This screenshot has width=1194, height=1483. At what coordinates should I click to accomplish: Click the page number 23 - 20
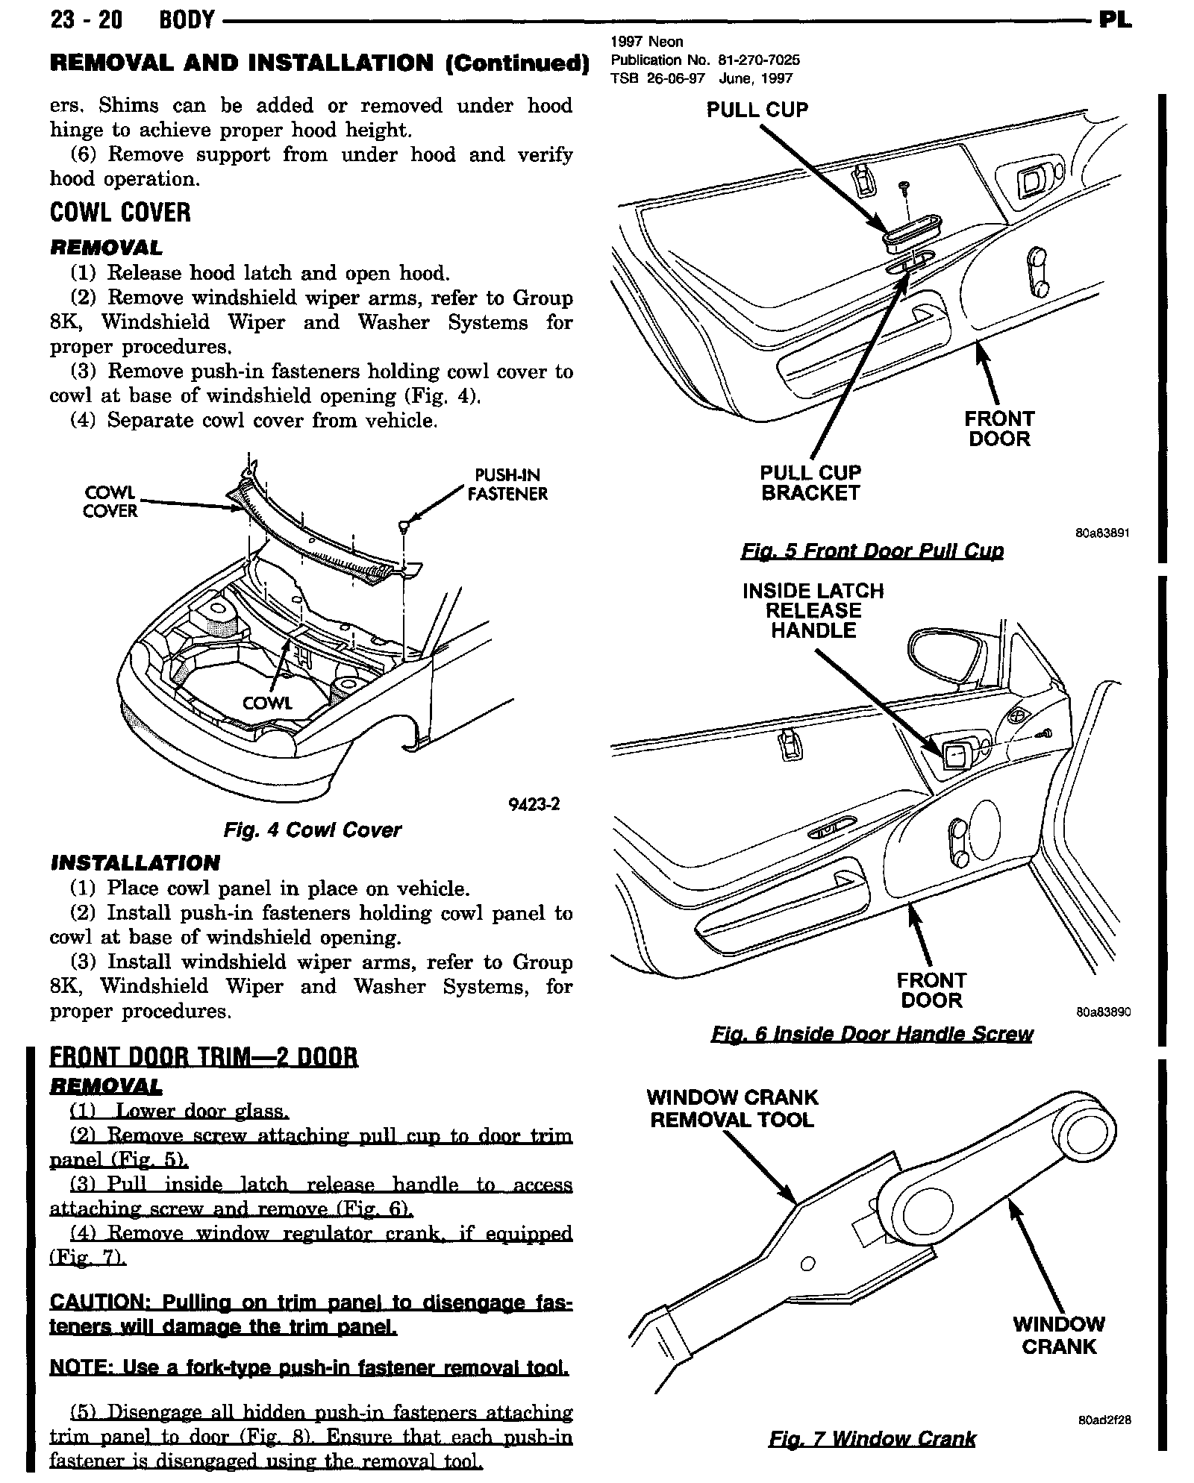[86, 20]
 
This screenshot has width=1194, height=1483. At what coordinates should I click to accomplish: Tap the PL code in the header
[1115, 20]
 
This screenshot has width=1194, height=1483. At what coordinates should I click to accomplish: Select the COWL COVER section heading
[120, 213]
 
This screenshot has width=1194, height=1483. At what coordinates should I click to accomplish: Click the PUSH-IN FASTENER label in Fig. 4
[507, 485]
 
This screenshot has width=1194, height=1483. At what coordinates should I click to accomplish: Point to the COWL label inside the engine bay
[267, 702]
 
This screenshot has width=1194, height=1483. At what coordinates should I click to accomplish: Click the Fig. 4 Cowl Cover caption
[312, 830]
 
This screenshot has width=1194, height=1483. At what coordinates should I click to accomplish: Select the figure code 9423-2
[534, 804]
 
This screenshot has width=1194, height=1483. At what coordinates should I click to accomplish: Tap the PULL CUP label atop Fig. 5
[757, 110]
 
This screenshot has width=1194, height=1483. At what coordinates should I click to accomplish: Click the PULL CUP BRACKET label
[810, 483]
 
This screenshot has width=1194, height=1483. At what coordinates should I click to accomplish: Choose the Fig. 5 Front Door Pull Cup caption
[872, 551]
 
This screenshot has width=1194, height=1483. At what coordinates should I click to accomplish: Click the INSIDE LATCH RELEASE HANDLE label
[813, 610]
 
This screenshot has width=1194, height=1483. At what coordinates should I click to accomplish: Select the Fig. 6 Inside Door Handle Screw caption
[872, 1034]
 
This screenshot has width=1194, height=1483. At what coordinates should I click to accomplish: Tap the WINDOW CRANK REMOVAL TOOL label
[732, 1109]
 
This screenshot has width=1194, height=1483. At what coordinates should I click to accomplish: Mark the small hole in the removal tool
[807, 1264]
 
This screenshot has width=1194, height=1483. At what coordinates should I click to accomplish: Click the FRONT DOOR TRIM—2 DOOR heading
[204, 1057]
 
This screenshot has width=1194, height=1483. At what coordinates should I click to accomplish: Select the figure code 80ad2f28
[1104, 1420]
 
